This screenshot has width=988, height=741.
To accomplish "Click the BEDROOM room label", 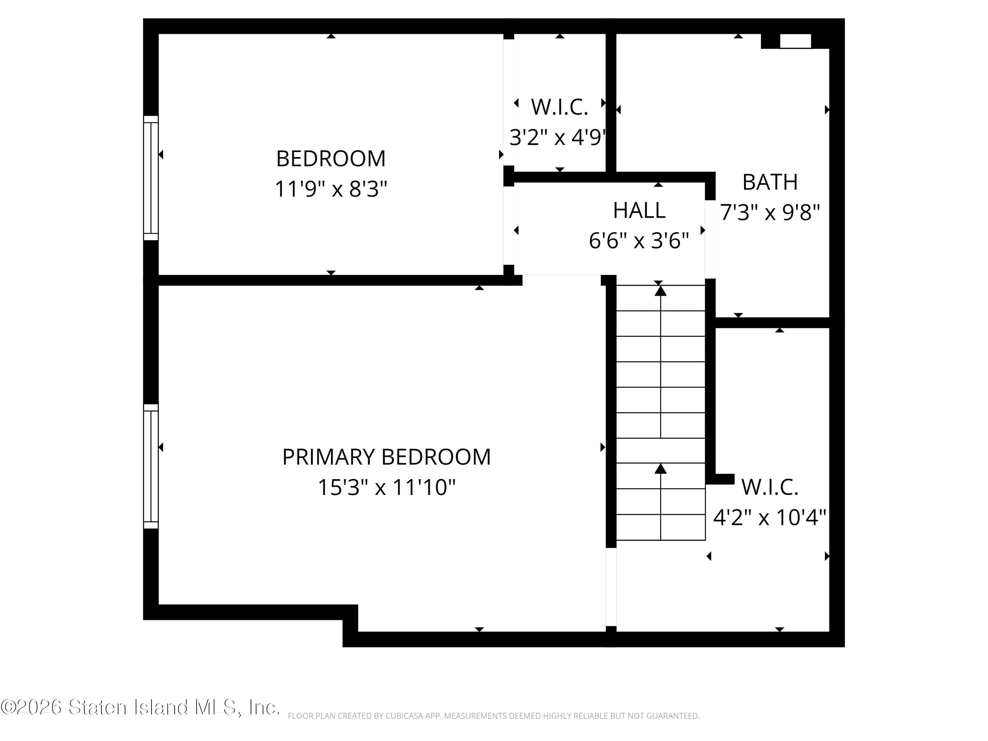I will click(x=331, y=159).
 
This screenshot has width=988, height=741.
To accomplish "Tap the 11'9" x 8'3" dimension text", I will click(x=331, y=189).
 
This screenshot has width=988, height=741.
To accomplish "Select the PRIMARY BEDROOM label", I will click(x=386, y=457).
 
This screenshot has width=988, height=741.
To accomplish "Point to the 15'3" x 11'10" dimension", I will click(x=386, y=487).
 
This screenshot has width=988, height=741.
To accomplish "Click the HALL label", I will click(x=639, y=210).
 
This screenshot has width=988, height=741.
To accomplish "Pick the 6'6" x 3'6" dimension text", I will click(x=639, y=241).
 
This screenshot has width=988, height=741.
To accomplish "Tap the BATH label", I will click(x=770, y=182).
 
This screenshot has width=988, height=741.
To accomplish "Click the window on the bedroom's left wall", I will click(x=151, y=178).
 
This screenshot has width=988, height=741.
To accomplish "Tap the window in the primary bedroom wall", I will click(x=151, y=466).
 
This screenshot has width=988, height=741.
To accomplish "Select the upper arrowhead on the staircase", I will click(x=661, y=291).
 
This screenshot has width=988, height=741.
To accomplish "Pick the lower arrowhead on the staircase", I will click(x=661, y=469).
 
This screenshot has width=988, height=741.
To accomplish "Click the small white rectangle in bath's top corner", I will click(x=795, y=41).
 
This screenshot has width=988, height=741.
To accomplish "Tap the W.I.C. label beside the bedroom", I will click(x=559, y=107).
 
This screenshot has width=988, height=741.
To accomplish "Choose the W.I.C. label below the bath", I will click(x=770, y=487).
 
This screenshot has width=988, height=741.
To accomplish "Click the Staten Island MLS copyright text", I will click(x=140, y=707).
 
